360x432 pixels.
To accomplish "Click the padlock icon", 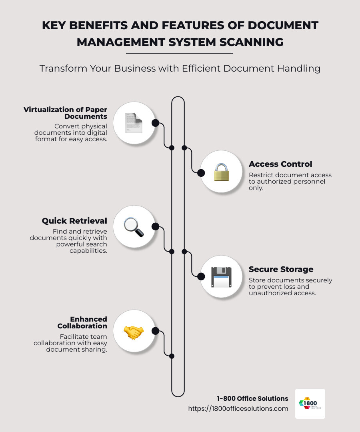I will (221, 172).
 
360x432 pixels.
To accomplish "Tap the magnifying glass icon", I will (134, 227).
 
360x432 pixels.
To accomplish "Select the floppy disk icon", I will (221, 277).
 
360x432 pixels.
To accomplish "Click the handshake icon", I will (134, 332).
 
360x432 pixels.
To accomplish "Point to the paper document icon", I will (134, 123).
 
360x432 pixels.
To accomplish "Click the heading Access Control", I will (280, 164).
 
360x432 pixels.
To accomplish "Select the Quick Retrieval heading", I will (74, 221).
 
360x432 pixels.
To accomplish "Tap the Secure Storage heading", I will (281, 269).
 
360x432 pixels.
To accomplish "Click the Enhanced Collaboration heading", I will (82, 322).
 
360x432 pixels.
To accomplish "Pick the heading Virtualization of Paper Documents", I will (66, 113).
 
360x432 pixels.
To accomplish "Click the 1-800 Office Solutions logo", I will (310, 404).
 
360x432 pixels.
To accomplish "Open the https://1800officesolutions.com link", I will (238, 408).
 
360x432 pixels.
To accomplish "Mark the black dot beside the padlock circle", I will (201, 173).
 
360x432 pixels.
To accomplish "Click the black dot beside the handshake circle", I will (156, 331).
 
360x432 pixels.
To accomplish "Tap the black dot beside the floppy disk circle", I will (201, 276).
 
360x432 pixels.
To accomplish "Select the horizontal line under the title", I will (179, 53).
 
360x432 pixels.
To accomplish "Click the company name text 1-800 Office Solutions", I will (252, 398).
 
